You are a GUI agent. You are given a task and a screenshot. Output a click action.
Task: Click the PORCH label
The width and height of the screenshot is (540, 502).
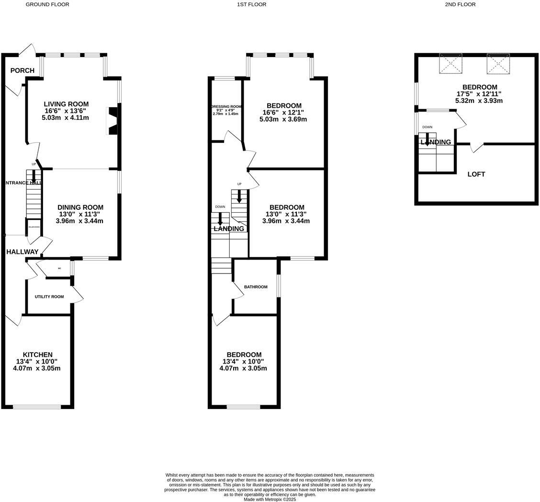[x=22, y=70]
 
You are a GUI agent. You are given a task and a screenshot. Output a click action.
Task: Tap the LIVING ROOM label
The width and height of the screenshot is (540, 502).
[x=66, y=104]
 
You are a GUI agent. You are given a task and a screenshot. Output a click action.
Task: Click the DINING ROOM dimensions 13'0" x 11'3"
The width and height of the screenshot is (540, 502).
[x=80, y=214]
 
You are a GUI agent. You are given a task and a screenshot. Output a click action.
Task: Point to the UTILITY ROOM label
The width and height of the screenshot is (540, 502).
[x=49, y=297]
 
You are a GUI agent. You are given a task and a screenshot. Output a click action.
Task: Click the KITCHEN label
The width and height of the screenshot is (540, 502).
[x=37, y=354]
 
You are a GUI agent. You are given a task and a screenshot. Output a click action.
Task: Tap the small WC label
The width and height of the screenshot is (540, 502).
[x=59, y=269]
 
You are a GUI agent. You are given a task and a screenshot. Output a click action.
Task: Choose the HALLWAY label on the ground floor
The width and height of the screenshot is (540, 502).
[x=22, y=251]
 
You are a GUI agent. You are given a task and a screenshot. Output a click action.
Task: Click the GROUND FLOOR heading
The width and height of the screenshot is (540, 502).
[x=47, y=4]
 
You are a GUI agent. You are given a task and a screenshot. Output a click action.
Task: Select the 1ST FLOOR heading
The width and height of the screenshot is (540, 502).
[x=251, y=4]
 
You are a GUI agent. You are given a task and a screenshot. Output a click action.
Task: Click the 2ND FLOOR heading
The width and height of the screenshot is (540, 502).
[x=460, y=4]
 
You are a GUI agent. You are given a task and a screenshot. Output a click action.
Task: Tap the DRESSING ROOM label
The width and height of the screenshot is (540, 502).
[x=226, y=106]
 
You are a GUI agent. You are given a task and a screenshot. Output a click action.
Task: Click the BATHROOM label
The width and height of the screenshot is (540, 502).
[x=256, y=287]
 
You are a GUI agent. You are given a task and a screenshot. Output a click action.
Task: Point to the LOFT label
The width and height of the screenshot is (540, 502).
[x=476, y=174]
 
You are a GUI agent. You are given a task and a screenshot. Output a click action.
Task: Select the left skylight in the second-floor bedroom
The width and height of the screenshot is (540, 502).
[x=450, y=64]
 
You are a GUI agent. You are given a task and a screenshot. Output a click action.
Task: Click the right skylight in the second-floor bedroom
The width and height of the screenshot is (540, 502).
[x=498, y=64]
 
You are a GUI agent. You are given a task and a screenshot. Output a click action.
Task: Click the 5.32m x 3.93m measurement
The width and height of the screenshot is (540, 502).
[x=479, y=101]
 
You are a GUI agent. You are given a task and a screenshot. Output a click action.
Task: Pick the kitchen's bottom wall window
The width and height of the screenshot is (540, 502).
[x=37, y=407]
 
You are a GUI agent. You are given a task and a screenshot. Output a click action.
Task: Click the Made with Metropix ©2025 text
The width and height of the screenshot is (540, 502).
[x=270, y=499]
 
